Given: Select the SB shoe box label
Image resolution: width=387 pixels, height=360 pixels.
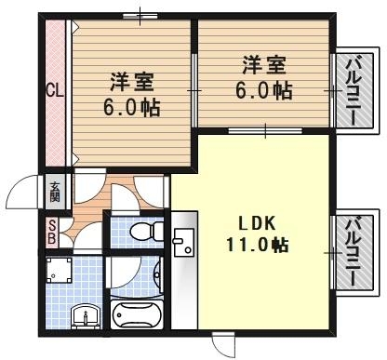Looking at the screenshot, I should click(52, 232).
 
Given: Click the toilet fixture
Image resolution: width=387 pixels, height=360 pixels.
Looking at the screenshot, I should click(140, 230).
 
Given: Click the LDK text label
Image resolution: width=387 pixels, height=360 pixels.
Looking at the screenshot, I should click(255, 224).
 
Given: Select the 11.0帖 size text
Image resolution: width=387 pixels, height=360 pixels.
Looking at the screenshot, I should click(255, 246).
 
